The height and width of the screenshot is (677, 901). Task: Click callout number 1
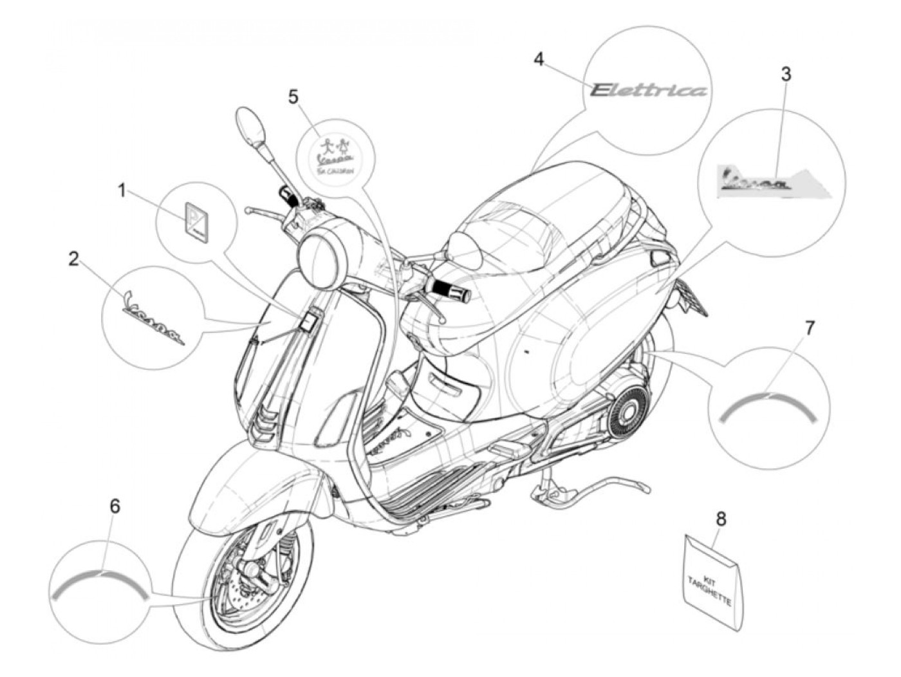pos(121,190)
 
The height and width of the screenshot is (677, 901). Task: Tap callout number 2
pos(75,259)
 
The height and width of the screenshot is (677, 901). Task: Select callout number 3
pos(786,74)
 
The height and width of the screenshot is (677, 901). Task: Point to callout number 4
pos(539,59)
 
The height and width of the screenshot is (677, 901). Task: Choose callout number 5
pos(293,97)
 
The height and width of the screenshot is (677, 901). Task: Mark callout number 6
pos(115,506)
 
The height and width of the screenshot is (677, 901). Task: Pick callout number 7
pos(810,328)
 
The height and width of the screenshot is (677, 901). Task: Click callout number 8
pos(721,518)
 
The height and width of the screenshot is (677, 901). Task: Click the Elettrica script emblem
pos(649,89)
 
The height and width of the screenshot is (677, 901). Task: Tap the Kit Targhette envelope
pos(712,580)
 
